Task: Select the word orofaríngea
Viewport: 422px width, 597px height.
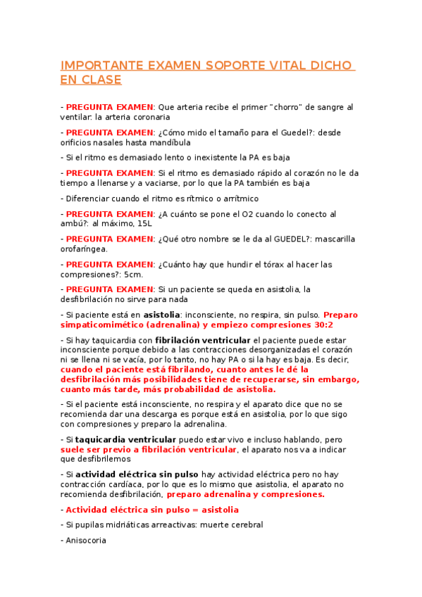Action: pyautogui.click(x=84, y=249)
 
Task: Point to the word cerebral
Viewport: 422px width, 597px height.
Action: pyautogui.click(x=242, y=524)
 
